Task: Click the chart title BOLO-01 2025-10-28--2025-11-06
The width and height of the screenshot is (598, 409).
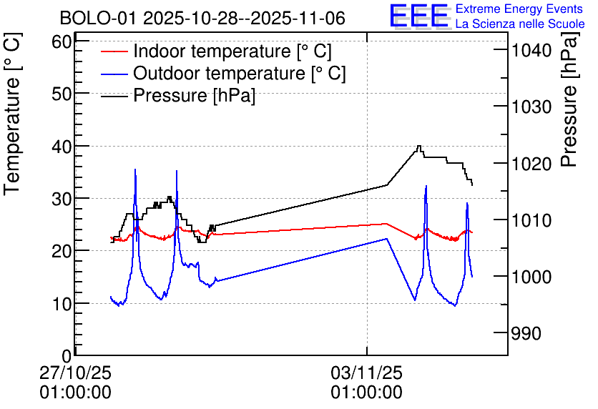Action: tap(202, 18)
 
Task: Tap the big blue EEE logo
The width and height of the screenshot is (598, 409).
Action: tap(419, 16)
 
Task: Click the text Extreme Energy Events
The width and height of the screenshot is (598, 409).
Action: tap(519, 9)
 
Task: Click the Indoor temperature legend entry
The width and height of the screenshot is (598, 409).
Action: tap(232, 51)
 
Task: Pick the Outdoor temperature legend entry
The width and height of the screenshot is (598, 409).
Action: tap(240, 73)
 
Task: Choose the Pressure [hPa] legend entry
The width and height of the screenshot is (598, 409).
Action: tap(194, 95)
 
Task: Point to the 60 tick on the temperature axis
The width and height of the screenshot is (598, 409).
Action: tap(63, 41)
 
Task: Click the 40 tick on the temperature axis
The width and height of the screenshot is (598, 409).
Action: tap(63, 146)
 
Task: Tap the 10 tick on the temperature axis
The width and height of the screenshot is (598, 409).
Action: tap(63, 303)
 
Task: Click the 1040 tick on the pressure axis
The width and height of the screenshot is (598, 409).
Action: tap(530, 50)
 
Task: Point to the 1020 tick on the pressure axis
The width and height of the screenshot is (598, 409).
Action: tap(530, 164)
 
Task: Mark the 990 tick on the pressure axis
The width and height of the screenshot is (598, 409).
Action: tap(526, 333)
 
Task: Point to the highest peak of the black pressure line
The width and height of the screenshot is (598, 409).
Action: tap(419, 146)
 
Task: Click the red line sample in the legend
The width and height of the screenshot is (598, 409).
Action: tap(114, 51)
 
